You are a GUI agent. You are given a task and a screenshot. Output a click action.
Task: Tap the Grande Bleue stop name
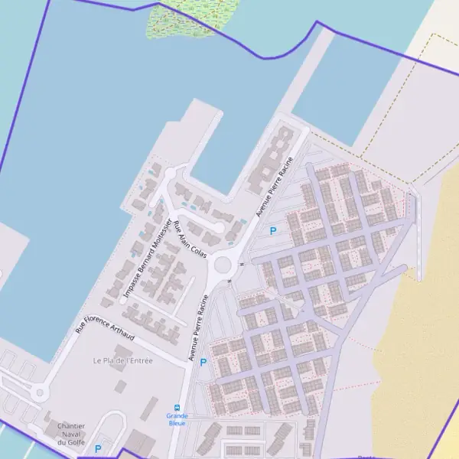177,419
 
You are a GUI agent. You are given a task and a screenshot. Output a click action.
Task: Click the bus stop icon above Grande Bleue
177,408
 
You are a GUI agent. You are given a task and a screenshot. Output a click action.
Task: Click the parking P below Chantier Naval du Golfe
98,449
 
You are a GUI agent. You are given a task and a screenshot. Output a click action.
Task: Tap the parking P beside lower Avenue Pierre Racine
203,363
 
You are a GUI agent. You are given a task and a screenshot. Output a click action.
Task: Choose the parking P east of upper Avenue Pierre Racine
273,230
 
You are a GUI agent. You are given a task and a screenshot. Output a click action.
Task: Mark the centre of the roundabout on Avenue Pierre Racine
223,265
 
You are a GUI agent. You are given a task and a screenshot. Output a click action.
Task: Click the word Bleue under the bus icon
177,423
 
